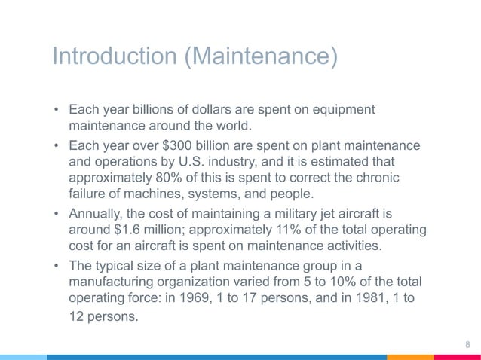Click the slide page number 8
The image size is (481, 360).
467,344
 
